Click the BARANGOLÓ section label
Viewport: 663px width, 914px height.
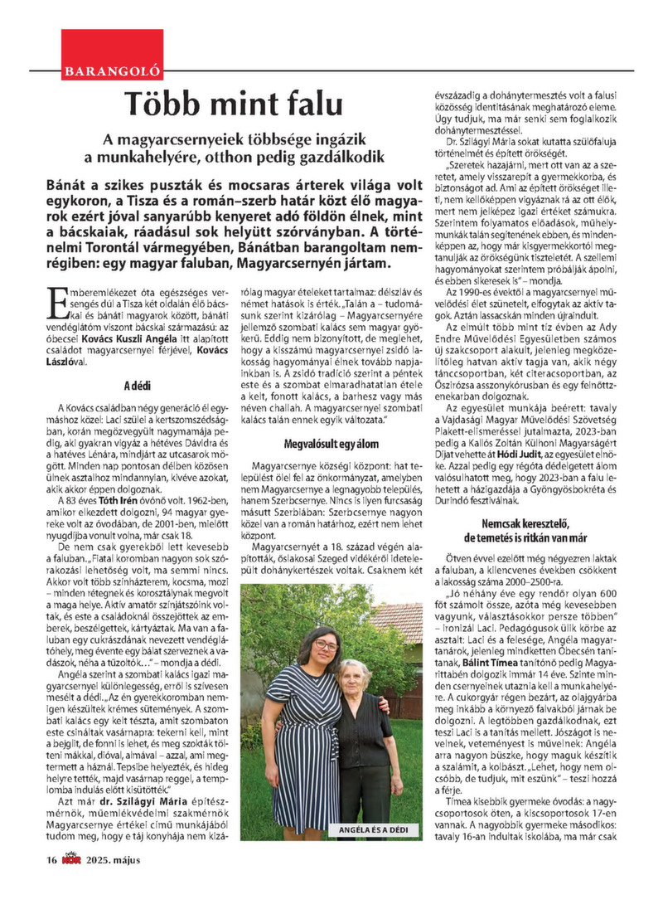[112, 72]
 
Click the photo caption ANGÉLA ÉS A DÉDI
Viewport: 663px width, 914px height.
[371, 829]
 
